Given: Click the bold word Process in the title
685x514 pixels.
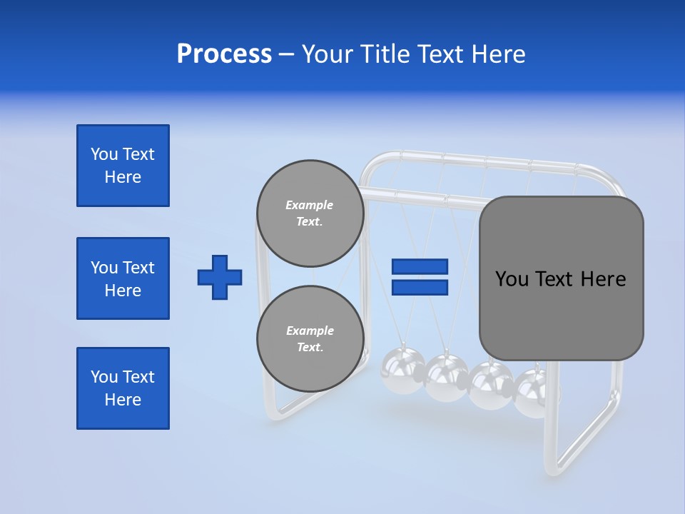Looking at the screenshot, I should click(224, 54).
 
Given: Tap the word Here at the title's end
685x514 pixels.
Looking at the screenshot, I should click(497, 54).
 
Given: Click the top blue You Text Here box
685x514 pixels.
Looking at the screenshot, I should click(123, 166).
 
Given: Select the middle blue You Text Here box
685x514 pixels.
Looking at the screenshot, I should click(123, 278).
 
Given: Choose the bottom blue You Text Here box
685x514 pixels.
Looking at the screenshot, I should click(123, 388).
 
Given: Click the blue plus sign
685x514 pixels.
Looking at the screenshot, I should click(220, 277).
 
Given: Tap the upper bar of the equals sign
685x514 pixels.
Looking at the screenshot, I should click(420, 266).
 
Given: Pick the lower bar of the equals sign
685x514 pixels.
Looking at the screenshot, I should click(420, 287).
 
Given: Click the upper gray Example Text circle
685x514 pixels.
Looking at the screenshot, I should click(310, 213).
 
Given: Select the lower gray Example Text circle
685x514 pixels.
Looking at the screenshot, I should click(310, 338).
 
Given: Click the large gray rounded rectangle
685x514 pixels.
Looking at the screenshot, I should click(561, 278).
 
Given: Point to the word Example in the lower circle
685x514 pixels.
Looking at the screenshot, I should click(310, 331).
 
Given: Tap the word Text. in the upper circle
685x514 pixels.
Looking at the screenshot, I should click(310, 222).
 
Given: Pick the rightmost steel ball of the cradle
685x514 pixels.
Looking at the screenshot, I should click(532, 393).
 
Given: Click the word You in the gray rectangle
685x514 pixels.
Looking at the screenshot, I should click(512, 279).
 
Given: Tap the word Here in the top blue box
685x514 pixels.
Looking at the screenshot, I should click(123, 177).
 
